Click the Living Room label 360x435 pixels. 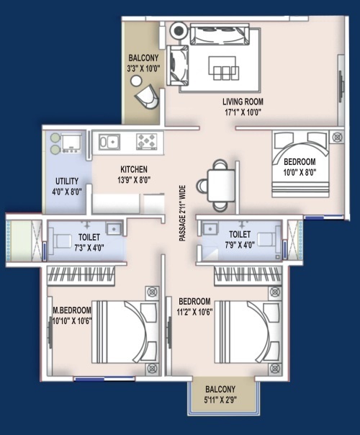tap(243, 102)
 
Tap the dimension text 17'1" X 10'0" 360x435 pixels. tap(243, 112)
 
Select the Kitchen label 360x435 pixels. tap(134, 169)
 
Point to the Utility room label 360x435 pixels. tap(67, 181)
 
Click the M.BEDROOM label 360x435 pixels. tap(72, 310)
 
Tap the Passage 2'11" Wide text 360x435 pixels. tap(182, 213)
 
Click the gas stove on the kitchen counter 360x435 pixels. tap(146, 141)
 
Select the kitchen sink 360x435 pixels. tap(109, 142)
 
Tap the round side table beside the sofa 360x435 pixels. tap(178, 30)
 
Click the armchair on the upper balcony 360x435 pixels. tap(147, 97)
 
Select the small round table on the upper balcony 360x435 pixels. tap(136, 81)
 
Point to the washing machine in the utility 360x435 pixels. tap(71, 143)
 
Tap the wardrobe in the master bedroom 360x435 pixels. tap(81, 276)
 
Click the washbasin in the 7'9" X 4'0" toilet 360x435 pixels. tap(210, 229)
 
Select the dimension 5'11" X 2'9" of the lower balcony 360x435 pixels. tap(220, 400)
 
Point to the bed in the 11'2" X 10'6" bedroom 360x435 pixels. tap(248, 332)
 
